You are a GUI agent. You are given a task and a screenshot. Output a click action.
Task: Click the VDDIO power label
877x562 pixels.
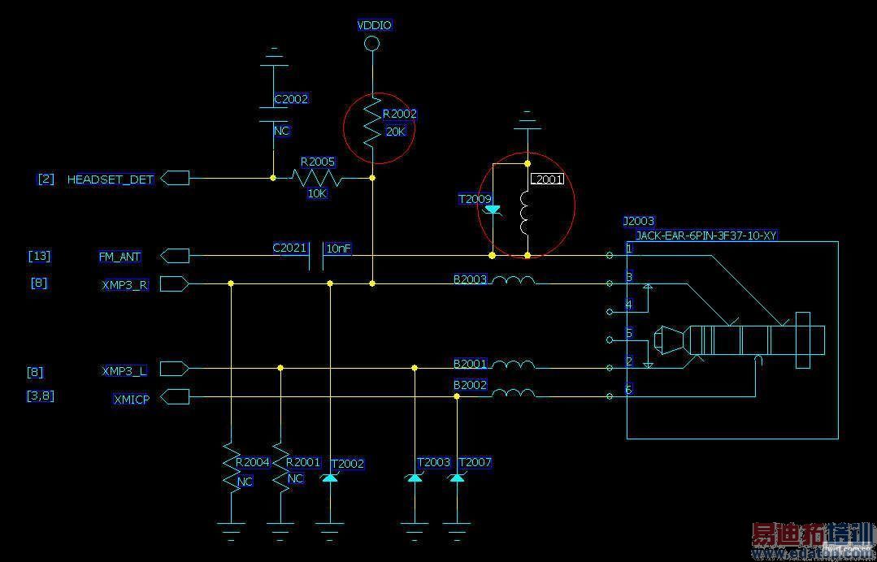pyautogui.click(x=374, y=25)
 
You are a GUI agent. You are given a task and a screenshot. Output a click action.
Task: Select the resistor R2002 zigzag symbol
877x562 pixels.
pyautogui.click(x=371, y=122)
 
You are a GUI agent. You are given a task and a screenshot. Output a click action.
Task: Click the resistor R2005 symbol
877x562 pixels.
pyautogui.click(x=315, y=177)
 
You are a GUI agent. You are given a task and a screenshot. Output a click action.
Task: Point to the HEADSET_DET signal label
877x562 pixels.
pyautogui.click(x=110, y=179)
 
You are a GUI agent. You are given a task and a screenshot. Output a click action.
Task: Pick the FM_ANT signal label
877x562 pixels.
pyautogui.click(x=119, y=257)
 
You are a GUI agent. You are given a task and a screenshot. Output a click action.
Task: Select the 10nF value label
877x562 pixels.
pyautogui.click(x=338, y=248)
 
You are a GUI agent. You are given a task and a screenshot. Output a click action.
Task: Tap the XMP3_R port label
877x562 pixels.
pyautogui.click(x=124, y=285)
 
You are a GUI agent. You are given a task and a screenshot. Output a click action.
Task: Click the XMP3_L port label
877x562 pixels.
pyautogui.click(x=124, y=370)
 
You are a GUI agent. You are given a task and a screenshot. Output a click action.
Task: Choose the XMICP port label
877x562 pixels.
pyautogui.click(x=130, y=399)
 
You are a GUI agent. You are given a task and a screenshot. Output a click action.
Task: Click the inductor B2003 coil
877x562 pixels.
pyautogui.click(x=514, y=281)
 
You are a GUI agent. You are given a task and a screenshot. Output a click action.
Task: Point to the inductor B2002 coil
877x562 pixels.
pyautogui.click(x=514, y=394)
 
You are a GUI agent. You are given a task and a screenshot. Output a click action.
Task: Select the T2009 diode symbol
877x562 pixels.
pyautogui.click(x=493, y=210)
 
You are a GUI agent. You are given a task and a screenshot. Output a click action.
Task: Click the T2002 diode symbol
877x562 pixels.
pyautogui.click(x=329, y=478)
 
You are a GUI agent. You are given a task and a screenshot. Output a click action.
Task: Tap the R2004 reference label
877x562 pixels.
pyautogui.click(x=252, y=462)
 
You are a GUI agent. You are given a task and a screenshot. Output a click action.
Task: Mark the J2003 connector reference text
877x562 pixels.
pyautogui.click(x=638, y=221)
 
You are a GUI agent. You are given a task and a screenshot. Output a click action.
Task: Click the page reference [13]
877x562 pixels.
pyautogui.click(x=39, y=256)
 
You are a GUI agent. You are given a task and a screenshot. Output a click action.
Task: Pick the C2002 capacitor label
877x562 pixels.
pyautogui.click(x=290, y=99)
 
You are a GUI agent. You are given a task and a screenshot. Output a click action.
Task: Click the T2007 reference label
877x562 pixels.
pyautogui.click(x=475, y=462)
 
